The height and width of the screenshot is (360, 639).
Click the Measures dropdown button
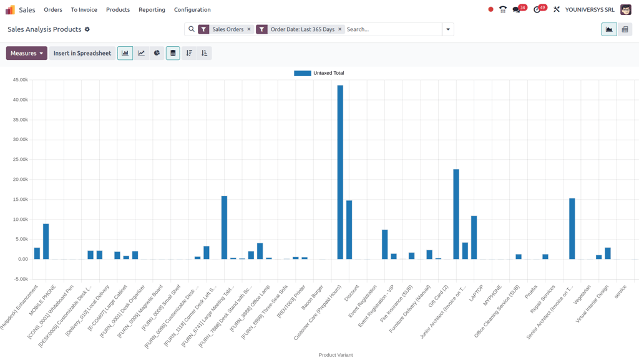click(x=27, y=53)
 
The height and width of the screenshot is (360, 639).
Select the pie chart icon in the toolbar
click(x=157, y=53)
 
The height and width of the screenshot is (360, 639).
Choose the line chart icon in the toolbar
click(x=141, y=53)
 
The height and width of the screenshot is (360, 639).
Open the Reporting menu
click(x=152, y=10)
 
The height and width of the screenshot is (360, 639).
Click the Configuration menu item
click(x=192, y=10)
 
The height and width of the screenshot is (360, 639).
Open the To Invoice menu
click(x=84, y=10)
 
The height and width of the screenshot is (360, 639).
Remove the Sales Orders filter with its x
click(x=249, y=29)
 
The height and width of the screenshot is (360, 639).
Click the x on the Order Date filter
click(x=340, y=29)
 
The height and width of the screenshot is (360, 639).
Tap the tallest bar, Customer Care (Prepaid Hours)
click(x=340, y=175)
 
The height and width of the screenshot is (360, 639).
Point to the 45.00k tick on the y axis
click(x=20, y=80)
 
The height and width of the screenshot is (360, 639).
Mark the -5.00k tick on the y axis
click(x=20, y=279)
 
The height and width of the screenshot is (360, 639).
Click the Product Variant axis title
click(x=336, y=355)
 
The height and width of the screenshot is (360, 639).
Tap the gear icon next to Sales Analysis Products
click(x=87, y=29)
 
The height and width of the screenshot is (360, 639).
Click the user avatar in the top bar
click(x=625, y=10)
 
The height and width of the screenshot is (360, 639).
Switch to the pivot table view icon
click(x=625, y=29)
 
